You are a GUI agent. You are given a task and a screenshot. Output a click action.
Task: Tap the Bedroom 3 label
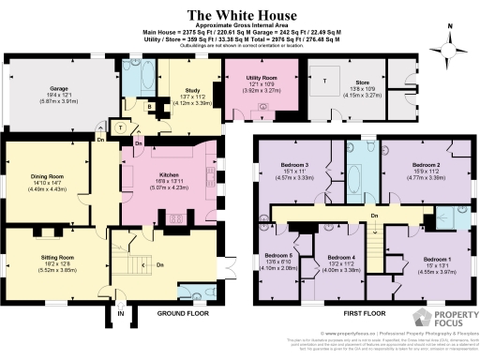coord(294,167)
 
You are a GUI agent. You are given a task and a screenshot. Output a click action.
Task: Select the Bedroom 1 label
coord(437,258)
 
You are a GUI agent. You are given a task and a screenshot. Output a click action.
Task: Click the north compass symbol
coord(450,35)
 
